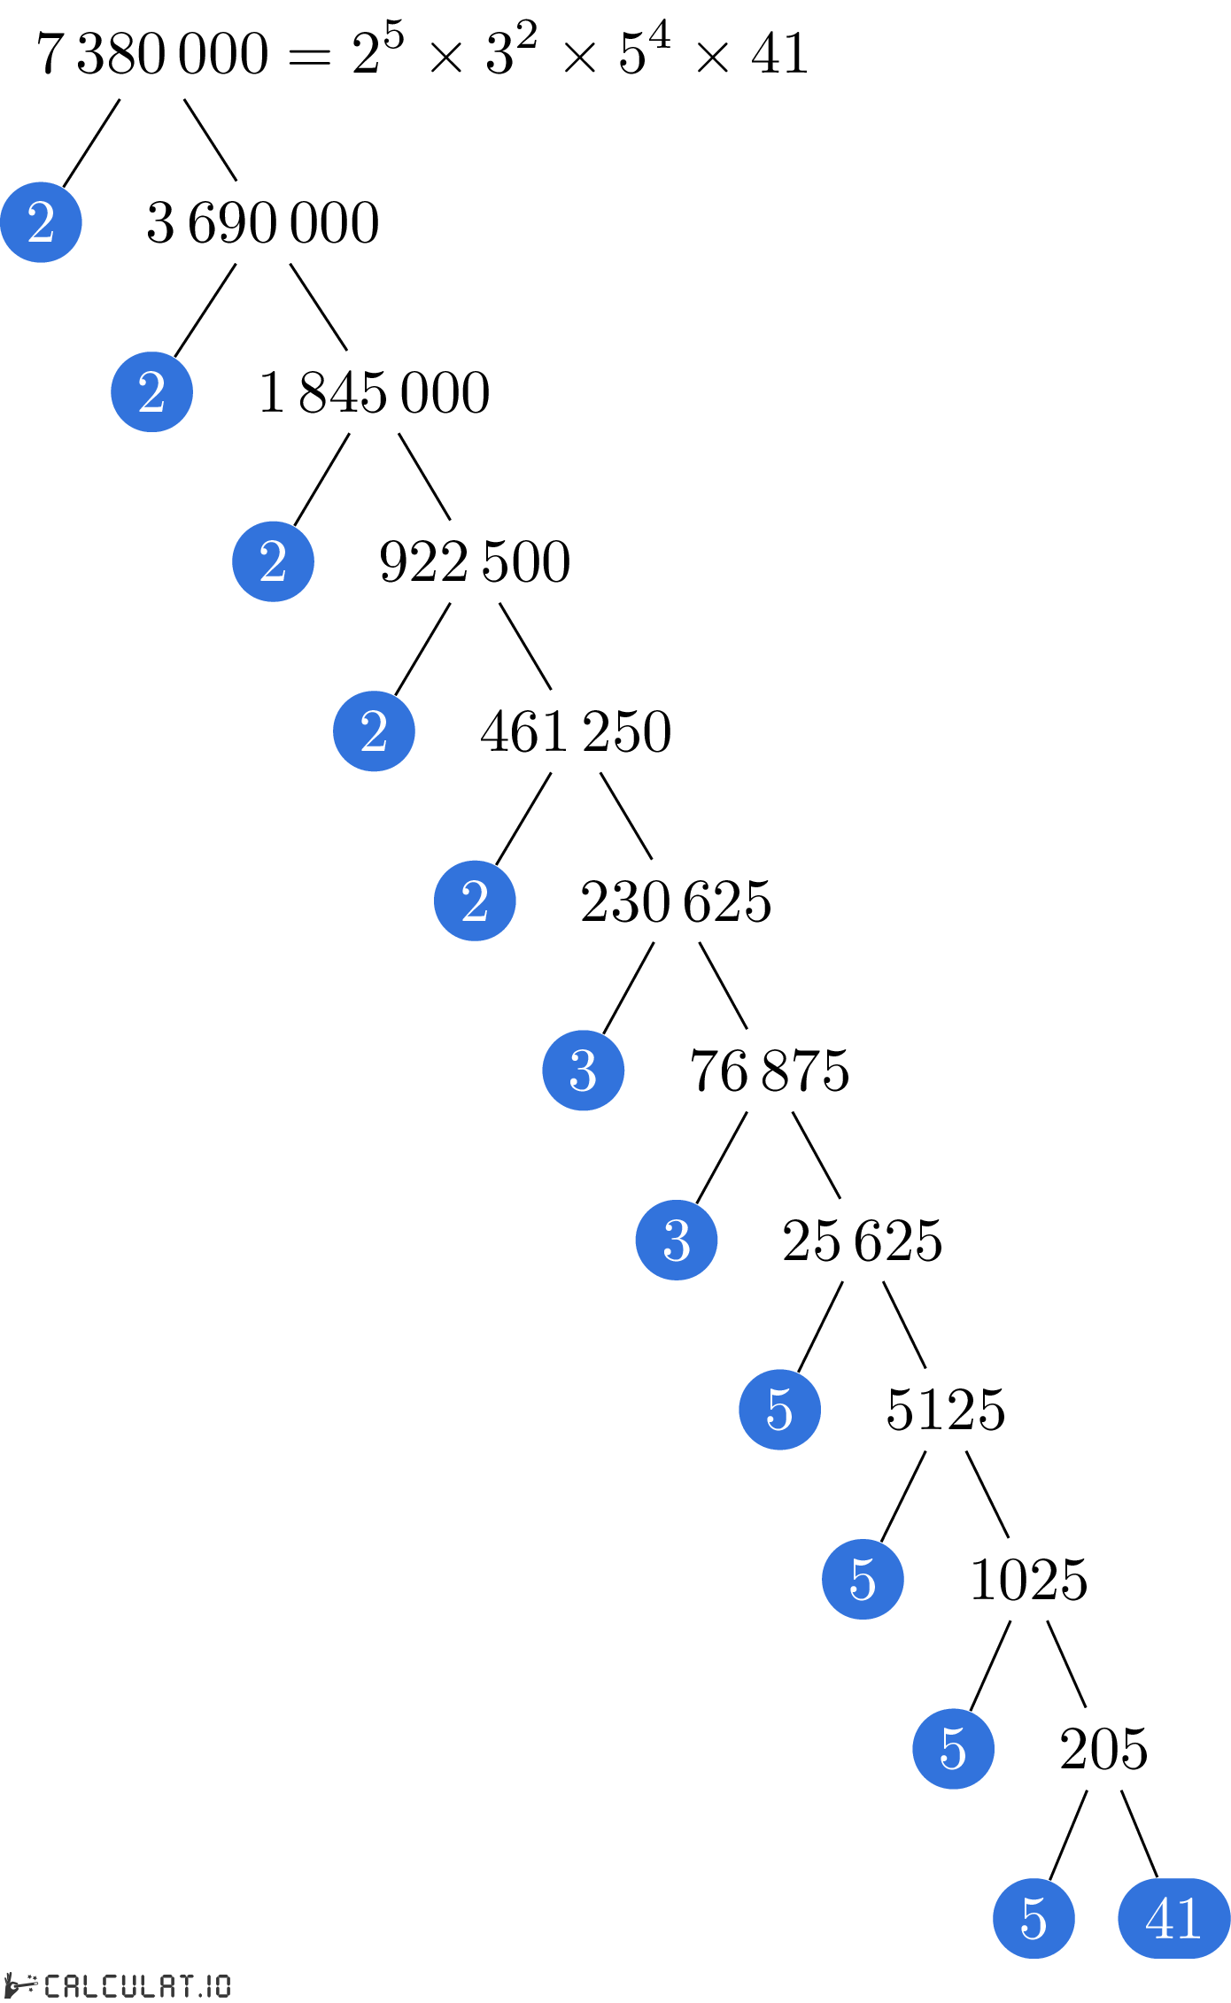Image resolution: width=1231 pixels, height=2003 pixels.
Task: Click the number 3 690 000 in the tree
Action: click(263, 222)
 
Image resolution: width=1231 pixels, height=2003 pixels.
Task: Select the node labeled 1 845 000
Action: click(374, 392)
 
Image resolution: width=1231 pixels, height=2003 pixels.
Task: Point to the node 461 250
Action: click(576, 731)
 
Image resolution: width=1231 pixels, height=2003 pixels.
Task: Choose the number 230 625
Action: click(676, 901)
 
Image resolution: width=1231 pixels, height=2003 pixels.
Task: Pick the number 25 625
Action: click(863, 1241)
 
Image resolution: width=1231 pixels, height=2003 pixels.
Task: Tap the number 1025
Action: click(1029, 1580)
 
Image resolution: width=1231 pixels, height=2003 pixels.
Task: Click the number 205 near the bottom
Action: click(1103, 1750)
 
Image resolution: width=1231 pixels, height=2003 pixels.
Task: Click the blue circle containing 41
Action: click(1174, 1919)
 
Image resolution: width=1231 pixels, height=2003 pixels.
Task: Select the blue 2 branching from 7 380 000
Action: click(41, 222)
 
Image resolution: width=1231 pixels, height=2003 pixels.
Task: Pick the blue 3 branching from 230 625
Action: click(584, 1071)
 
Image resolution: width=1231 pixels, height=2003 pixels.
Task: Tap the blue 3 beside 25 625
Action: click(677, 1240)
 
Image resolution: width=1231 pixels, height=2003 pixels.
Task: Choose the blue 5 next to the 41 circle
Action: click(1034, 1919)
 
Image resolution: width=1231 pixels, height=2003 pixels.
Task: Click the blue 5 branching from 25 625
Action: click(779, 1410)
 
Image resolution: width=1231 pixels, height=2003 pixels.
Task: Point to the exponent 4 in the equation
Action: click(659, 35)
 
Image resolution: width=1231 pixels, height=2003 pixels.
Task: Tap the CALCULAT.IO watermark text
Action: click(137, 1986)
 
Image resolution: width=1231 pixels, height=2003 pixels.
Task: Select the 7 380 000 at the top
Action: click(152, 53)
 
